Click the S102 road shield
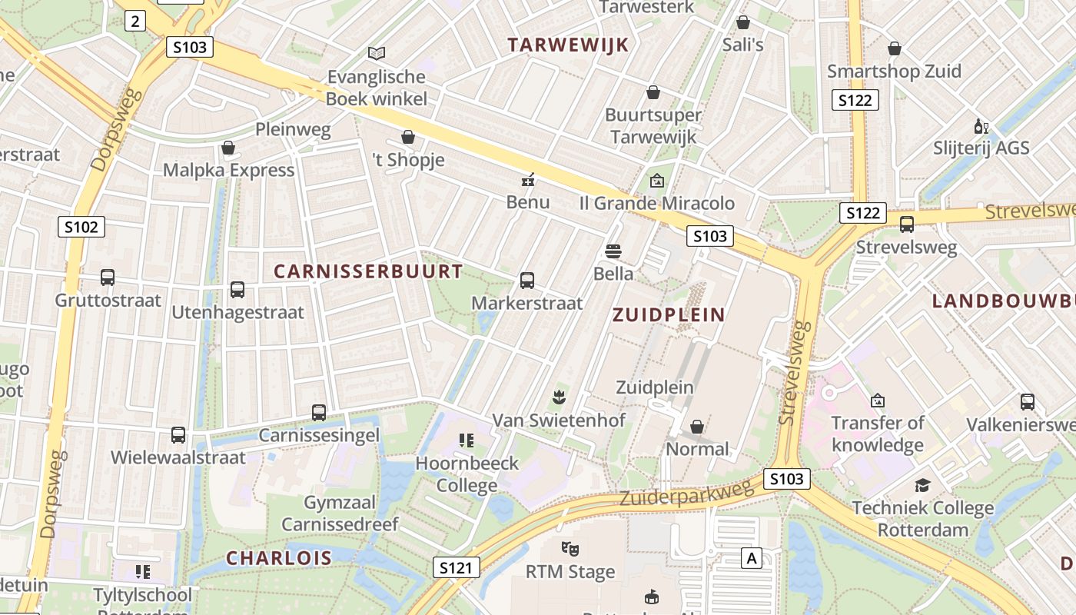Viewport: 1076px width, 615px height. (81, 227)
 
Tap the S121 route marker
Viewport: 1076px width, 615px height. (456, 568)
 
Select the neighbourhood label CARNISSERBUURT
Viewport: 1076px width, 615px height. (368, 271)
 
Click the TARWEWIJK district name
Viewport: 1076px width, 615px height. (568, 45)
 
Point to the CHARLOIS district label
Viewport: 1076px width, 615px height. (279, 558)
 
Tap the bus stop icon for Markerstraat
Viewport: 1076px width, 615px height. (527, 281)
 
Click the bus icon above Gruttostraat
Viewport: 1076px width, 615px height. (108, 278)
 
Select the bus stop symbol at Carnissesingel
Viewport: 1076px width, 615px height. (319, 413)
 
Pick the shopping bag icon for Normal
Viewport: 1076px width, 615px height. (697, 426)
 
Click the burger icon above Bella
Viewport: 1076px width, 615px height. (613, 251)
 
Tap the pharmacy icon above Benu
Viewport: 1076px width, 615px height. (528, 180)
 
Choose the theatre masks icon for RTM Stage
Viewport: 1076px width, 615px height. (570, 549)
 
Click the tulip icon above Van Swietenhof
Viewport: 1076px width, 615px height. (559, 397)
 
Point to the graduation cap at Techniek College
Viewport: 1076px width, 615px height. (922, 485)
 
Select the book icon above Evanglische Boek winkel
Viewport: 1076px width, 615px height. (377, 53)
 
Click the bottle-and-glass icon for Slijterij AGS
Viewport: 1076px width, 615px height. (981, 126)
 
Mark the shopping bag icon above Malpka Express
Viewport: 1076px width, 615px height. (228, 148)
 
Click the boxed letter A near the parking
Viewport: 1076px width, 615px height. (751, 558)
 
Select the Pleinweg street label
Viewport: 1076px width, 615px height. (293, 129)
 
